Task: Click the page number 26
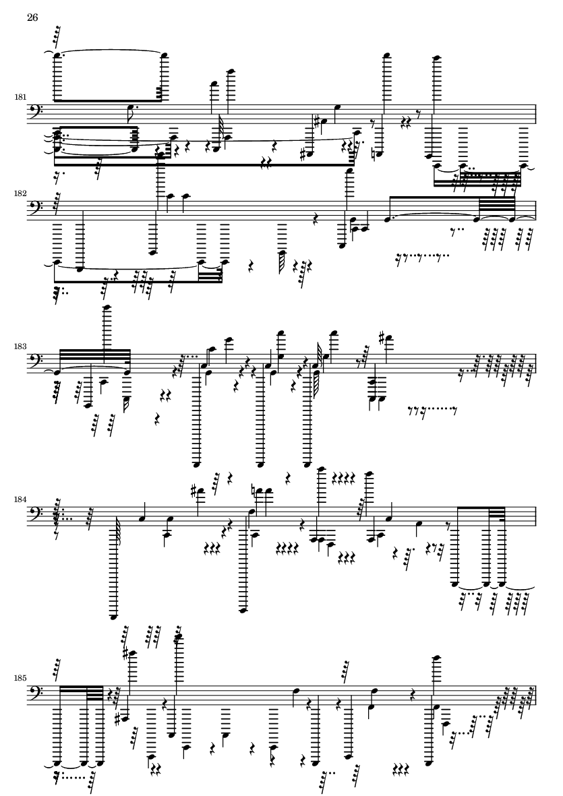coord(32,18)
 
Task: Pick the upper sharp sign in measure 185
coord(125,652)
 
